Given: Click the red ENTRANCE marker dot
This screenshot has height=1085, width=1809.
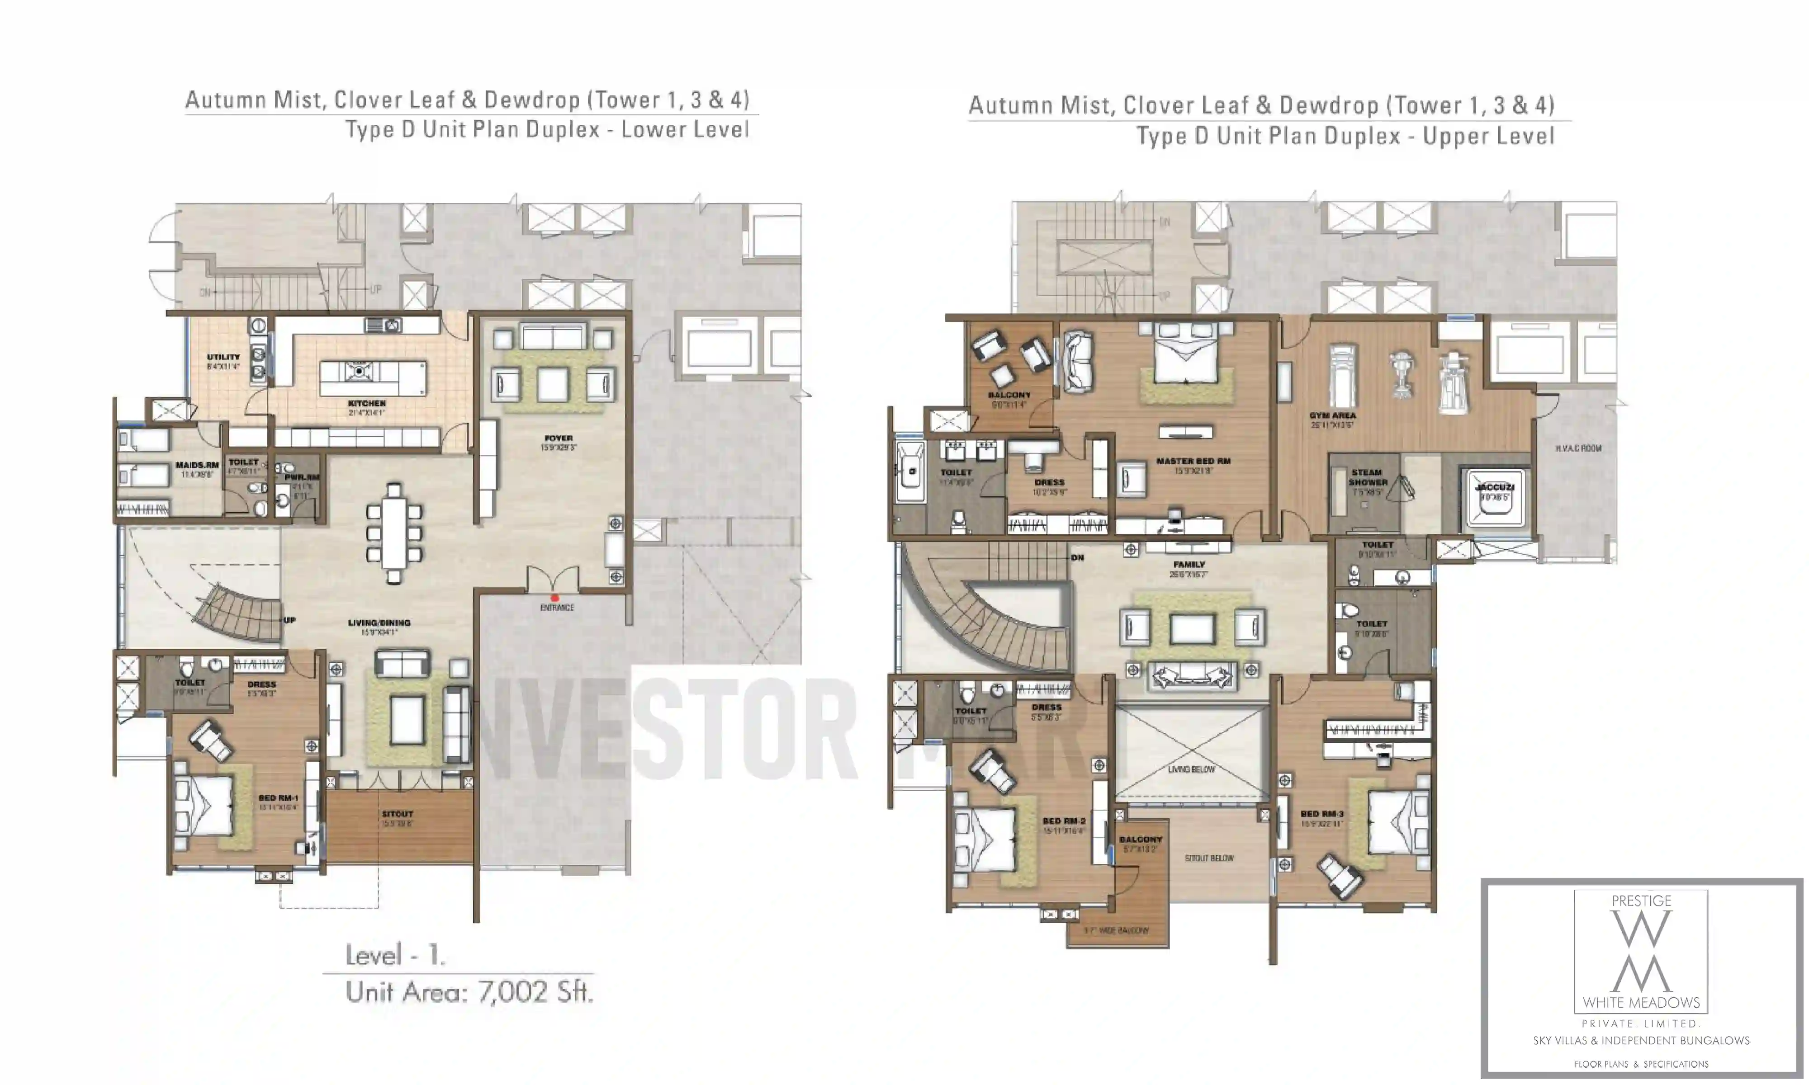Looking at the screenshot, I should point(554,598).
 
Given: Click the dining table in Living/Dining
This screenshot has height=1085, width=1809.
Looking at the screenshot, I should point(394,532).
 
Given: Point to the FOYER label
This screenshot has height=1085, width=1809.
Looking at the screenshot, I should point(558,439).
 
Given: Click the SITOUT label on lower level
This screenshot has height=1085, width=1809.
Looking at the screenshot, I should point(397,814).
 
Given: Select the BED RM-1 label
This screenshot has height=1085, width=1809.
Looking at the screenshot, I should point(278,797).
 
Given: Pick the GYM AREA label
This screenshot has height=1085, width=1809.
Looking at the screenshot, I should point(1332,415).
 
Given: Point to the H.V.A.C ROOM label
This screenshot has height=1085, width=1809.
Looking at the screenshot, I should point(1578,448).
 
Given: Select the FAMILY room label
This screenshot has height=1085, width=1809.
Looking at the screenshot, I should point(1188,565).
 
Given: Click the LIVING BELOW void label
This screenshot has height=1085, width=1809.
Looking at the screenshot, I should point(1191,769).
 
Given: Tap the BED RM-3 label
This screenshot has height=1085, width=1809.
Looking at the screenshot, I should point(1321,814).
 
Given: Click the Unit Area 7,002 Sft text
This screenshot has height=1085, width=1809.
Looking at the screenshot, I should point(469,992).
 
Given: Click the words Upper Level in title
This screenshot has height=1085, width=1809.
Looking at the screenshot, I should point(1488,137).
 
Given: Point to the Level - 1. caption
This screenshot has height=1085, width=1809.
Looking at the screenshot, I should point(395,955).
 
